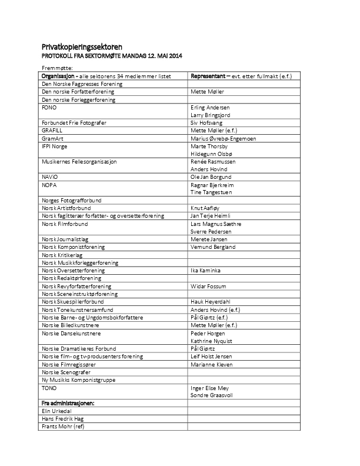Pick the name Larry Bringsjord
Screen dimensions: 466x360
[211, 116]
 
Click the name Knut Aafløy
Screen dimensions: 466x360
[206, 208]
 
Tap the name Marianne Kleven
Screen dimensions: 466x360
[212, 364]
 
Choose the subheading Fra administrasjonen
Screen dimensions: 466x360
[68, 402]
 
